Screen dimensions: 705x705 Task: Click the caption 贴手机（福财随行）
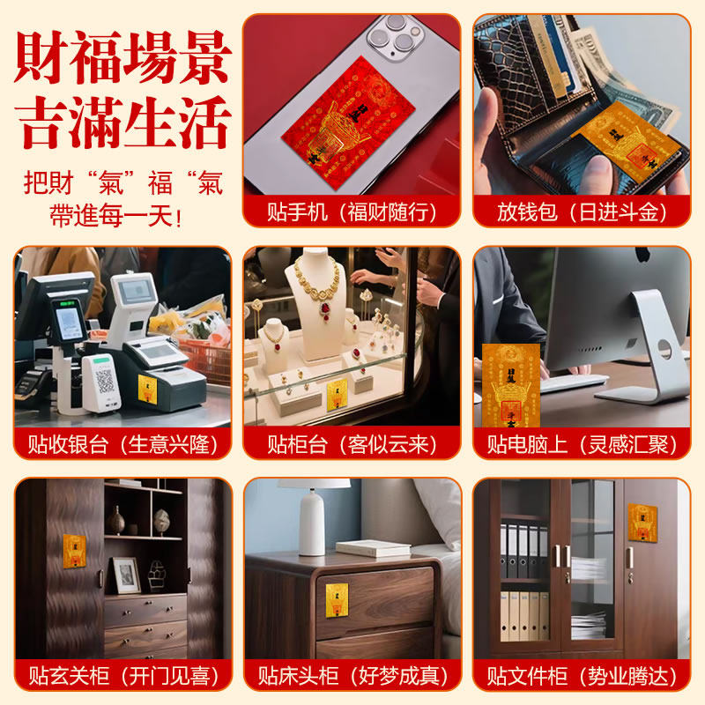351,212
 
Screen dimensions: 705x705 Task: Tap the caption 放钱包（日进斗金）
582,212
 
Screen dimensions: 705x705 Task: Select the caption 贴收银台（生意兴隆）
122,444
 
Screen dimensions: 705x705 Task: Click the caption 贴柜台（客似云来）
351,444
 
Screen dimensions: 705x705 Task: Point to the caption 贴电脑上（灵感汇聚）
582,444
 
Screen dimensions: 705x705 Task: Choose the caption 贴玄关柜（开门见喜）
122,676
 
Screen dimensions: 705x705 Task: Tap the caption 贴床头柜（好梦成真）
351,676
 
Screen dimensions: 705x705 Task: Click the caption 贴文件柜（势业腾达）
582,676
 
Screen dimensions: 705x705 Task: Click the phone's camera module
389,38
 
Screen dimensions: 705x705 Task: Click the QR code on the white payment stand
104,382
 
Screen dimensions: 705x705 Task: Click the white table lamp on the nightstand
312,517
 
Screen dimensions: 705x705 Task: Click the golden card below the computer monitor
510,384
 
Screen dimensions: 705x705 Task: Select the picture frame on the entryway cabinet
124,575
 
